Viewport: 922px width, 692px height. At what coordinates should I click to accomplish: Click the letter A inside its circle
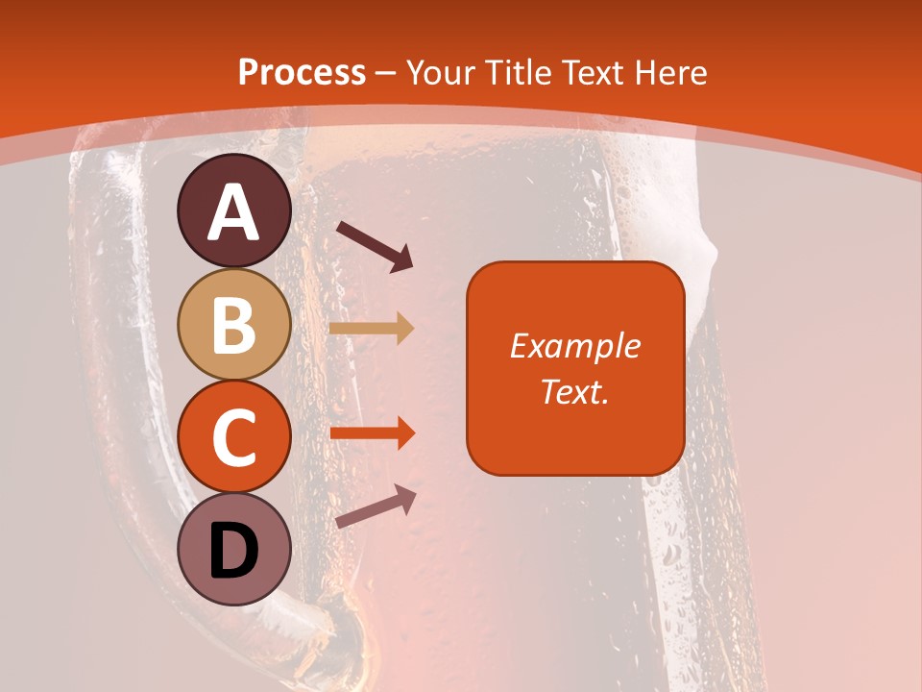234,212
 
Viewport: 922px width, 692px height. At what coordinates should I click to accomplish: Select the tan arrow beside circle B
372,328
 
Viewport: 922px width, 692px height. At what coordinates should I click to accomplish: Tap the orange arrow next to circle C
372,432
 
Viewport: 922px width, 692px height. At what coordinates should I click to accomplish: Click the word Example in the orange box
574,346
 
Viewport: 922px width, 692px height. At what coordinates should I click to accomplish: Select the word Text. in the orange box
574,392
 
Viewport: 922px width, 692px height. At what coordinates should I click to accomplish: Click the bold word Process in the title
302,73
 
